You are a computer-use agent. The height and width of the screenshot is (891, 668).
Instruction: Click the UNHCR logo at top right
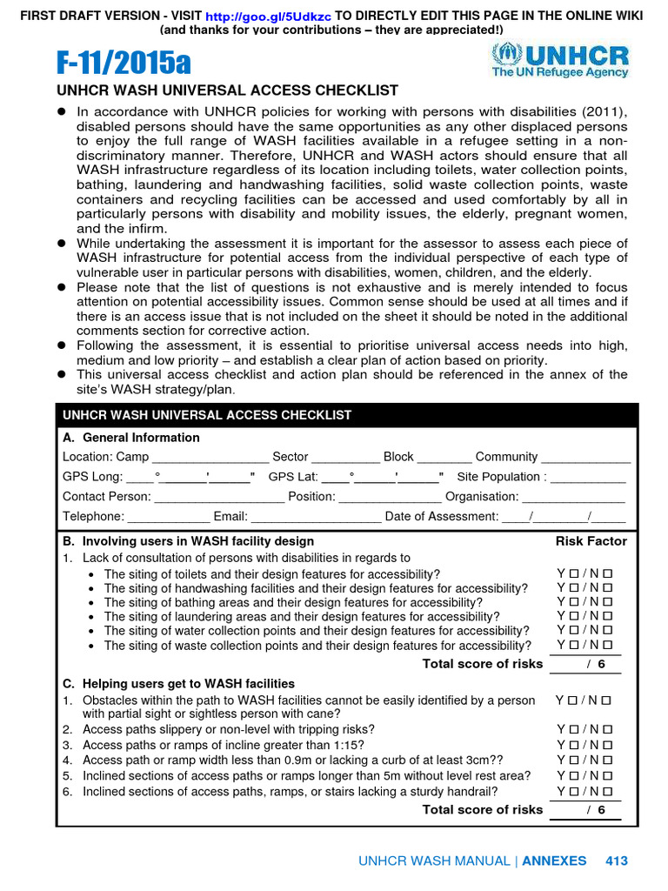click(559, 62)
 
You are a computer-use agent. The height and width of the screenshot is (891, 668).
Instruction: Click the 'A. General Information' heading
click(131, 438)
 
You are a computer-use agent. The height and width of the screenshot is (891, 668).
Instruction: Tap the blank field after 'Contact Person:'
click(219, 497)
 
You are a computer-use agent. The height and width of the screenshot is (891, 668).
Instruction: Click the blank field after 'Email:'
click(316, 517)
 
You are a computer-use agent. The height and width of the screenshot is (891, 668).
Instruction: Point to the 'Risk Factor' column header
click(591, 541)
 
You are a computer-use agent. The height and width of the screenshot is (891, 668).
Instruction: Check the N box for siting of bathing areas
click(607, 602)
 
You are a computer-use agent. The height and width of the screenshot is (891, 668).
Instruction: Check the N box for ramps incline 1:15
click(607, 745)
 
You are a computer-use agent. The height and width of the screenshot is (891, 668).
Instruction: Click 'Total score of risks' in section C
click(482, 809)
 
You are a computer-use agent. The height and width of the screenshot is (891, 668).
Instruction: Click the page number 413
click(616, 861)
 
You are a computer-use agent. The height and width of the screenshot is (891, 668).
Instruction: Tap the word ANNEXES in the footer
click(554, 861)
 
